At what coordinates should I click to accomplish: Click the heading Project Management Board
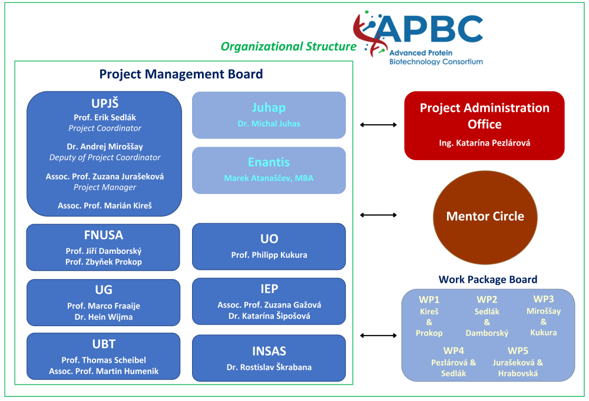click(181, 74)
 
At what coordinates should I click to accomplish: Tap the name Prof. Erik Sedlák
click(104, 117)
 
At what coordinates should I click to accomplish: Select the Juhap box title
click(269, 108)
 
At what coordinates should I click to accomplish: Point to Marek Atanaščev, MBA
click(269, 178)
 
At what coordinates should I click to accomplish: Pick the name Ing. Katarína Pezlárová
click(484, 143)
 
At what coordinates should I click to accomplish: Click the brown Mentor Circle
click(485, 216)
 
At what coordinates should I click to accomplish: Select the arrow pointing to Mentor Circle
click(378, 215)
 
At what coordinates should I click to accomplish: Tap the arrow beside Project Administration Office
click(378, 125)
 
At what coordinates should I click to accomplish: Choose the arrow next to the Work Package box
click(378, 336)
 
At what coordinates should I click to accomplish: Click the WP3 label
click(544, 299)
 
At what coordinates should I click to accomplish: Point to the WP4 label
click(454, 351)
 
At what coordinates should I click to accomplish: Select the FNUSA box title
click(104, 236)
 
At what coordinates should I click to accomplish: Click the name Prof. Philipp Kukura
click(269, 255)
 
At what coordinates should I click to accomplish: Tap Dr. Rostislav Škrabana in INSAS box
click(269, 367)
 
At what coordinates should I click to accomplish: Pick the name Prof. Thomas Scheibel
click(104, 360)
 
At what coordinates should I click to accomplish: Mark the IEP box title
click(269, 289)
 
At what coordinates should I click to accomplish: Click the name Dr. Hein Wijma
click(104, 317)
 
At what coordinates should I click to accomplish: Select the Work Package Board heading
click(488, 280)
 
